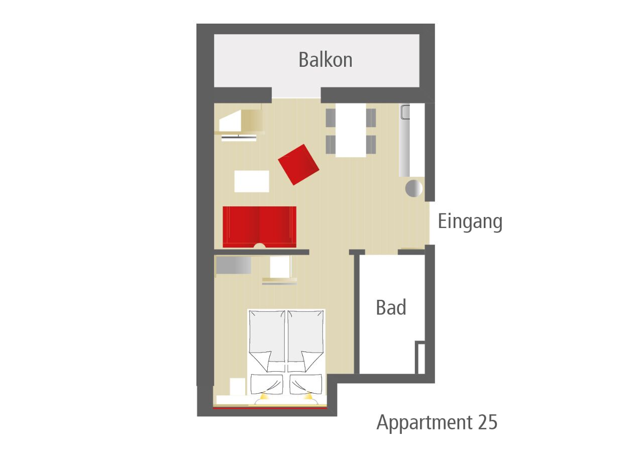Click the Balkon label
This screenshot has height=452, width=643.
click(x=325, y=60)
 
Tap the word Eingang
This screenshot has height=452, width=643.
click(x=470, y=221)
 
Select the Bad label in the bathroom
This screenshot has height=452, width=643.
click(x=391, y=307)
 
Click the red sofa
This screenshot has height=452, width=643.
click(x=259, y=226)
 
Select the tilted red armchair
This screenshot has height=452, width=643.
click(x=298, y=164)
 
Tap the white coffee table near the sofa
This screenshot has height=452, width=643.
click(x=251, y=181)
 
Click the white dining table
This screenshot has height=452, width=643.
click(x=351, y=130)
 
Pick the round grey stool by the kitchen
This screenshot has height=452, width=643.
click(x=414, y=188)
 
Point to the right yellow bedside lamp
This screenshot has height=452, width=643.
click(x=308, y=397)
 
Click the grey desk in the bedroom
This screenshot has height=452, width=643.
click(x=234, y=265)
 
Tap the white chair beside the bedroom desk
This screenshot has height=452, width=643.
click(x=280, y=267)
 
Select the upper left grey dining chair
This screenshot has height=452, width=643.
click(x=331, y=118)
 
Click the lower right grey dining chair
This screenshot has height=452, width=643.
click(x=371, y=145)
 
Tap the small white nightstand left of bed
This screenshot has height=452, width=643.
click(x=237, y=387)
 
